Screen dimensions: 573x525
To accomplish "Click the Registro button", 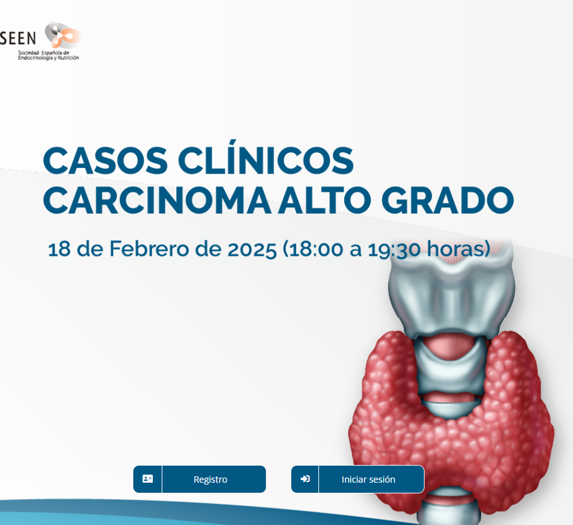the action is tap(200, 479).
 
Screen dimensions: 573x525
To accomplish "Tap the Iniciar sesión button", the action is tap(358, 479).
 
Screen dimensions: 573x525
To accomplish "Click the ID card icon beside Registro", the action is tap(148, 479).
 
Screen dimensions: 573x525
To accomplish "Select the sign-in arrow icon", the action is tap(305, 479).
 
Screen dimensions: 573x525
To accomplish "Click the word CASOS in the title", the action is tap(106, 160).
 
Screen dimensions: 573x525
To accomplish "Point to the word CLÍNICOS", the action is tap(266, 157).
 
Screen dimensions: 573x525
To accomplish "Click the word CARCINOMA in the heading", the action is tap(157, 200).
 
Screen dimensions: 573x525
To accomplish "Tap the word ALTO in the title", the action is tap(325, 200).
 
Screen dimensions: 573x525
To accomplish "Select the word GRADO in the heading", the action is tap(448, 200).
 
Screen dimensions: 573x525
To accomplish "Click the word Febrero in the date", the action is tap(149, 249).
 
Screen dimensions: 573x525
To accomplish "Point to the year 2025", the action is tap(252, 250).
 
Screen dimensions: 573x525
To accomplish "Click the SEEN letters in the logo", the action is tap(18, 38).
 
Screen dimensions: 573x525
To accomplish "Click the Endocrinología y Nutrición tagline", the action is tap(49, 57).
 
